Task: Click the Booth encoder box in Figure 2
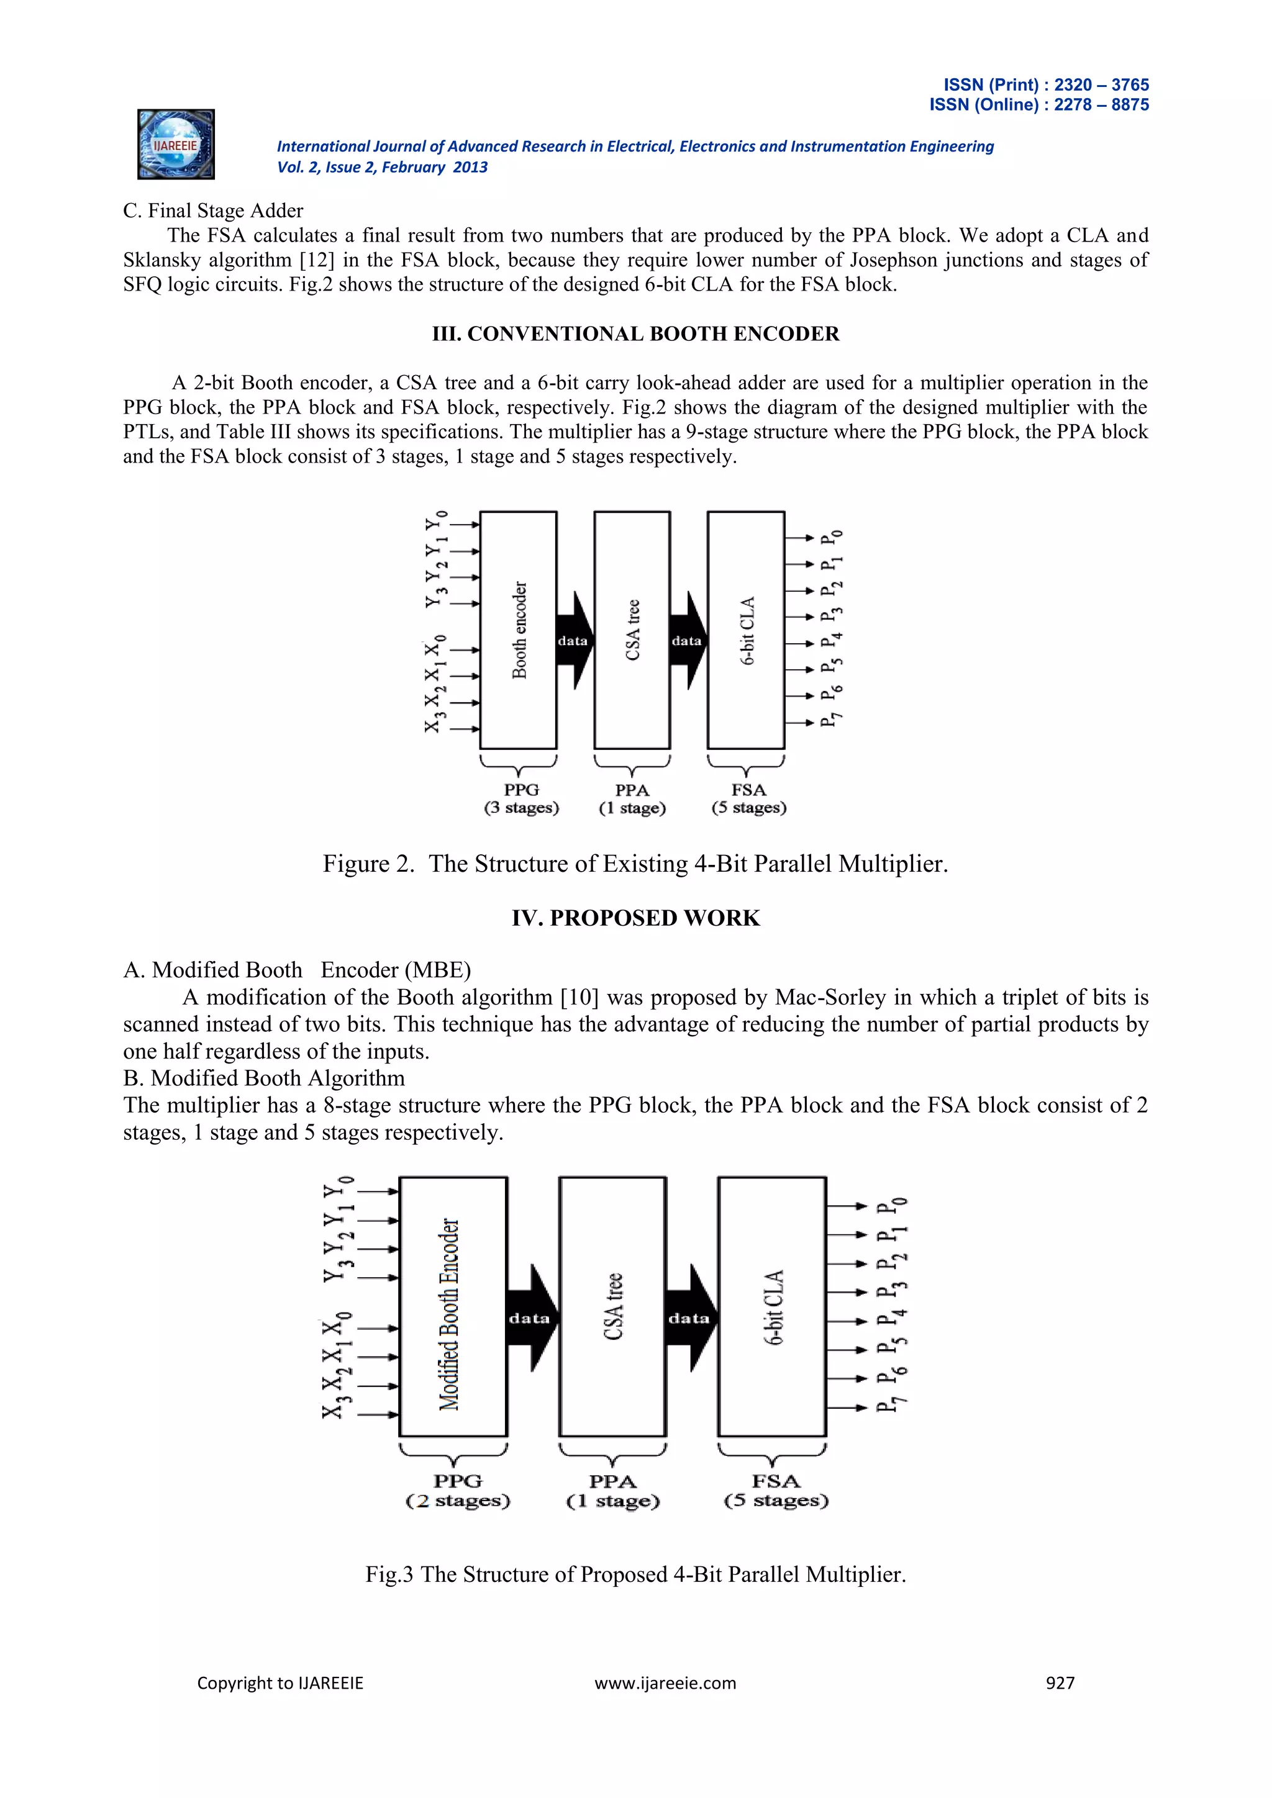[518, 630]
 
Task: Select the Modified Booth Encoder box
[453, 1306]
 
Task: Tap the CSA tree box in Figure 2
[632, 630]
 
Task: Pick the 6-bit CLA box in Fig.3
[772, 1306]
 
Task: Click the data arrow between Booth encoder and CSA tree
[574, 641]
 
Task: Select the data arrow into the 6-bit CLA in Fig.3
[690, 1318]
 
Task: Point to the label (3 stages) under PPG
[521, 807]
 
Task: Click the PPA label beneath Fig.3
[612, 1481]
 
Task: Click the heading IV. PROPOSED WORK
[635, 918]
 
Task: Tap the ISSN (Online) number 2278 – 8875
[1101, 105]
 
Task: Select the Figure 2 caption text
[635, 864]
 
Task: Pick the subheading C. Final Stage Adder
[213, 210]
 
